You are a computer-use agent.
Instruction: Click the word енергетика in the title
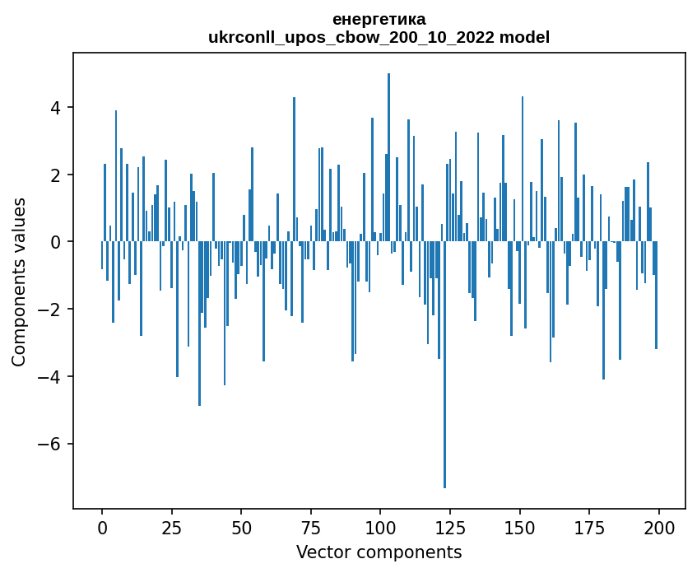click(x=379, y=20)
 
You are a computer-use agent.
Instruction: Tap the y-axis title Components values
click(x=19, y=282)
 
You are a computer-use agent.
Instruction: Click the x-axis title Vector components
click(x=379, y=552)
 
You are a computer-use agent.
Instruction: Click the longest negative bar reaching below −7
click(x=444, y=370)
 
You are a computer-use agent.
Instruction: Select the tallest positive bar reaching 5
click(x=388, y=156)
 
